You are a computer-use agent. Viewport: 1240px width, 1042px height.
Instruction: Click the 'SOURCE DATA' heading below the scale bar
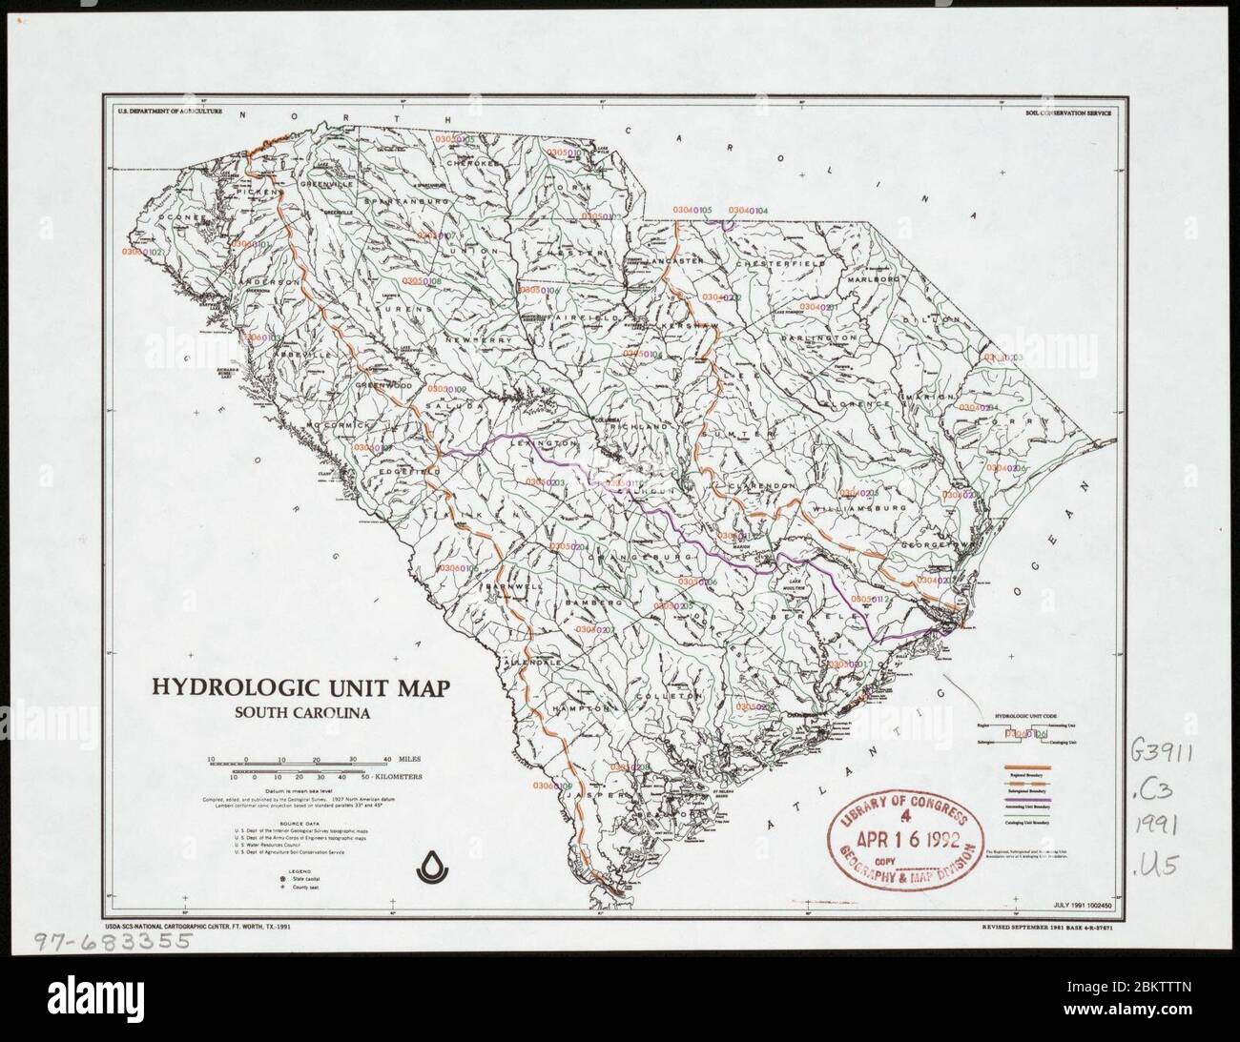point(298,821)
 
